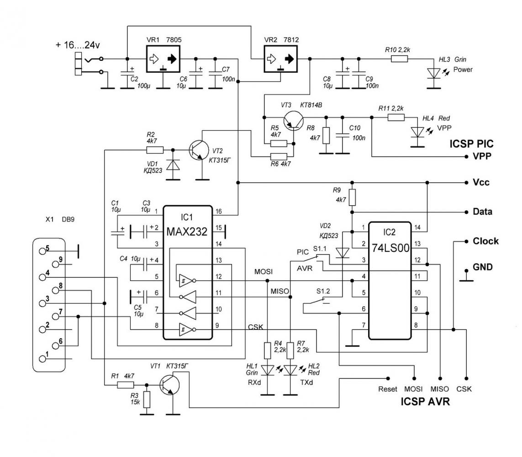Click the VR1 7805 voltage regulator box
[163, 59]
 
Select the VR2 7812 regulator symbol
[281, 59]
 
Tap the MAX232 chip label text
[187, 232]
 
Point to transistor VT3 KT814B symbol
[294, 120]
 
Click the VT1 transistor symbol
[169, 385]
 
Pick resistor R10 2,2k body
[399, 59]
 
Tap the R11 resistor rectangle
[396, 117]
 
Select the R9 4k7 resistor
[352, 197]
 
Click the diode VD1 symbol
[173, 165]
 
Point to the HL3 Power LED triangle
[434, 73]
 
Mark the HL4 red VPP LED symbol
[417, 132]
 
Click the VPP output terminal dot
[466, 156]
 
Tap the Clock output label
[486, 241]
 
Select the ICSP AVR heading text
[425, 401]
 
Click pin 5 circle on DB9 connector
[42, 251]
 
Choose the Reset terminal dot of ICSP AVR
[388, 378]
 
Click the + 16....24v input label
[78, 45]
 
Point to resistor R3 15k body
[147, 399]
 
